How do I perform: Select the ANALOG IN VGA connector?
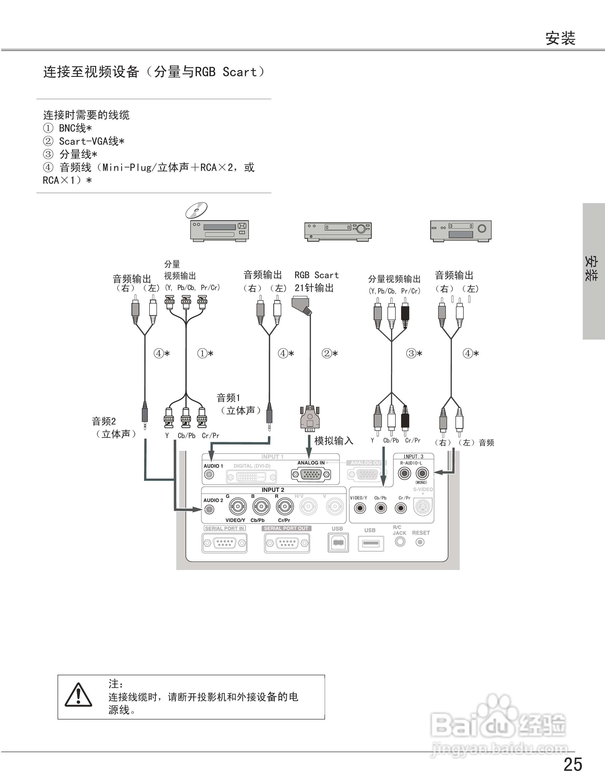(x=311, y=475)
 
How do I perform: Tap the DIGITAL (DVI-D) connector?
(x=251, y=477)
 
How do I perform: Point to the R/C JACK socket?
(x=400, y=541)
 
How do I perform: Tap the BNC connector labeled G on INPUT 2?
(x=238, y=507)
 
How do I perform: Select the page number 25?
(x=573, y=764)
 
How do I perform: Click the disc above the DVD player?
(x=196, y=210)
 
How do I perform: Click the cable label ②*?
(x=329, y=353)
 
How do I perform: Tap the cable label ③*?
(x=414, y=353)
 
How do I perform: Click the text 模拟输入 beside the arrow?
(x=333, y=441)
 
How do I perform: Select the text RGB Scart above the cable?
(x=316, y=275)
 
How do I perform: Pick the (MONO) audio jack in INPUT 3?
(x=422, y=474)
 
